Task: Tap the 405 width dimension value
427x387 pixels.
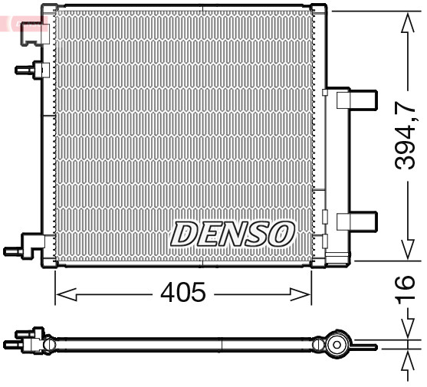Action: point(183,293)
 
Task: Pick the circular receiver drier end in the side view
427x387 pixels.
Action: point(335,346)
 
